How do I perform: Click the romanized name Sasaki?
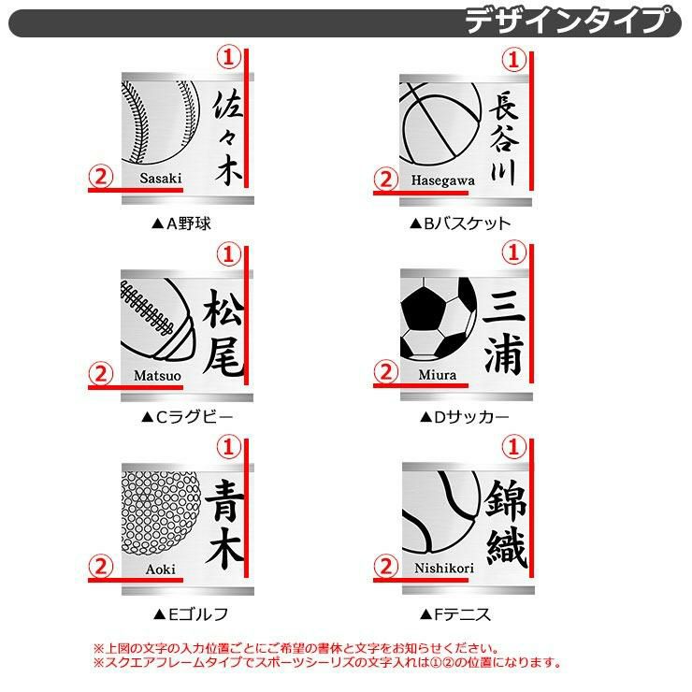(x=161, y=178)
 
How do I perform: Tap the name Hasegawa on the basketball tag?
(x=442, y=180)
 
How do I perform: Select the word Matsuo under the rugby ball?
(x=157, y=376)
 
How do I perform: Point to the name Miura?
(x=438, y=375)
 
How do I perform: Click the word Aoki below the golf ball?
(x=160, y=569)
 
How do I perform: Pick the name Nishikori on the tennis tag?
(x=444, y=568)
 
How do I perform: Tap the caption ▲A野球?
(x=180, y=223)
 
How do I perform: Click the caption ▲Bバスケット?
(x=460, y=223)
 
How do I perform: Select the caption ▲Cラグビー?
(x=187, y=417)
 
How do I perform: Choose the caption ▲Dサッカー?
(x=464, y=417)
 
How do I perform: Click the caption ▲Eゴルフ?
(x=191, y=614)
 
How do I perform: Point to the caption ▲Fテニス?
(x=455, y=614)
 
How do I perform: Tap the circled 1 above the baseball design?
(x=228, y=57)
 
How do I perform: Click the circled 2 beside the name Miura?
(x=386, y=372)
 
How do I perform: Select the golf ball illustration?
(x=160, y=513)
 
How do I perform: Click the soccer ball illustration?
(x=439, y=318)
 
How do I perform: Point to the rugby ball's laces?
(x=147, y=307)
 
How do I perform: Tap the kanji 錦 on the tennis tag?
(x=506, y=499)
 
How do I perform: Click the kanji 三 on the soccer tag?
(x=504, y=306)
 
